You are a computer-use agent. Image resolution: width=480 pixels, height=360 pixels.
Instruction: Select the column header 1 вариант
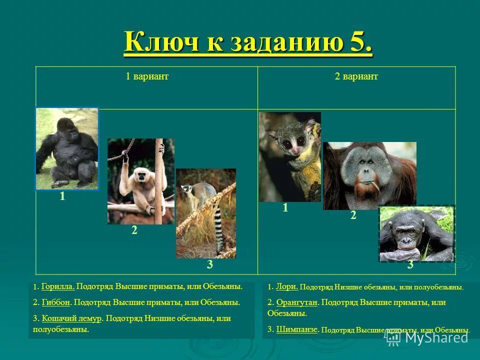[146, 76]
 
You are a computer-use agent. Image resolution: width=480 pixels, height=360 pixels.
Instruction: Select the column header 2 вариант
[356, 76]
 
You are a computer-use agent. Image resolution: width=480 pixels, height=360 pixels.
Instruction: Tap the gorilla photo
[67, 149]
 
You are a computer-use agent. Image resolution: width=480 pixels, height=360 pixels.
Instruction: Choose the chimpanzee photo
[416, 233]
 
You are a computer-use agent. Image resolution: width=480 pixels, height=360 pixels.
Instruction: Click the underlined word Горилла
[58, 286]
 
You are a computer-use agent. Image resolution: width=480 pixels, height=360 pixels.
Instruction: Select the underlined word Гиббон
[56, 302]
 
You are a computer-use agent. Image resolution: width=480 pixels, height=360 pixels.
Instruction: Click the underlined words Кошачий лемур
[72, 318]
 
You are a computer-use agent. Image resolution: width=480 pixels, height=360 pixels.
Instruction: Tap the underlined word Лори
[287, 286]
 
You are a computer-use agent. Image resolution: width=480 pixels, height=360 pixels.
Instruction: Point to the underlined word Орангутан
[297, 302]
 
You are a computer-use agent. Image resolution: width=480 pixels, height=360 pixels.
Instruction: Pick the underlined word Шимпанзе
[296, 329]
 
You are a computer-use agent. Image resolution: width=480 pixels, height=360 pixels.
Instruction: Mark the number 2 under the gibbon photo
[134, 230]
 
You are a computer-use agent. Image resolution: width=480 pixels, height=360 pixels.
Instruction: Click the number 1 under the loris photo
[285, 208]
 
